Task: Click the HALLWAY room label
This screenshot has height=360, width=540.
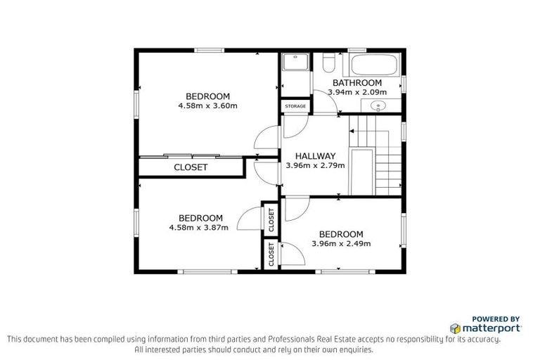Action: click(x=315, y=156)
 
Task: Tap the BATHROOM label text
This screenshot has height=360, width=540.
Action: click(x=357, y=82)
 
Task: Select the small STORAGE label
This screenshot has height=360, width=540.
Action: click(x=295, y=106)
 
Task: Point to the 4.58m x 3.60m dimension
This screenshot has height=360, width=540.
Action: click(x=207, y=106)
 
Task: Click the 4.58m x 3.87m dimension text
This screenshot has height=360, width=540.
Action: click(x=199, y=228)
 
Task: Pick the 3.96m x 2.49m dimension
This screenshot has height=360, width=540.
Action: click(x=341, y=244)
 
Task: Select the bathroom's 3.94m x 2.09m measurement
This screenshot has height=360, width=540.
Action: click(x=357, y=91)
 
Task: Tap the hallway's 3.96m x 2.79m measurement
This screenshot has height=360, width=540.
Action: click(x=315, y=166)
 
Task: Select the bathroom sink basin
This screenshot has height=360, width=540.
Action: click(x=379, y=107)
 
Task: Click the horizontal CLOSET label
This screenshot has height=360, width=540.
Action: click(x=191, y=167)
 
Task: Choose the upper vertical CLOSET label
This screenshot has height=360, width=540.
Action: click(x=271, y=220)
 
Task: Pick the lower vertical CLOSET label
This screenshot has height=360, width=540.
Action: click(x=271, y=255)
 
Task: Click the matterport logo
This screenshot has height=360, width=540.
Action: click(x=485, y=328)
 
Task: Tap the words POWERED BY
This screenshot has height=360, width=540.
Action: click(x=496, y=319)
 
